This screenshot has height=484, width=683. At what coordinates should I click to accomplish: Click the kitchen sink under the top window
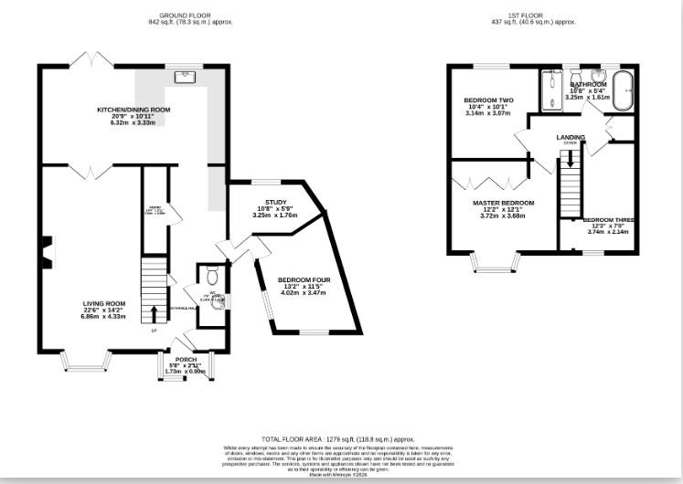pyautogui.click(x=186, y=76)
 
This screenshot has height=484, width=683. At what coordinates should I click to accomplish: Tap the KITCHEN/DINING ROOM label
pyautogui.click(x=133, y=110)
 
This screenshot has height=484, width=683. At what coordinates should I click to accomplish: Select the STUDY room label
pyautogui.click(x=276, y=202)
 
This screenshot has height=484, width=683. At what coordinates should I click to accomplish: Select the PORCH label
pyautogui.click(x=186, y=360)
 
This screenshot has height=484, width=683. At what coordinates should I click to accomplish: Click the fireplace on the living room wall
pyautogui.click(x=45, y=247)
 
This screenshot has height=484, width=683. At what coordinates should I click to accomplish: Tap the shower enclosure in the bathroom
pyautogui.click(x=551, y=89)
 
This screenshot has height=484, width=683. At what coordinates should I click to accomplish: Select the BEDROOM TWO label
pyautogui.click(x=488, y=100)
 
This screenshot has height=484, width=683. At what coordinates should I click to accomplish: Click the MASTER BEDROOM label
pyautogui.click(x=503, y=203)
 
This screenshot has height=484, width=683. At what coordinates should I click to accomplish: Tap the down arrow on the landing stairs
pyautogui.click(x=571, y=156)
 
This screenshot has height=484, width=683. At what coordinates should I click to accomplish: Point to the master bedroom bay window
pyautogui.click(x=495, y=264)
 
